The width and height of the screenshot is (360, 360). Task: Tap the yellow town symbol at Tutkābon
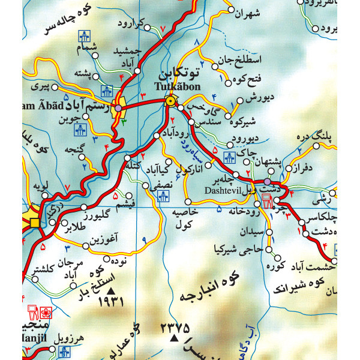click(171, 101)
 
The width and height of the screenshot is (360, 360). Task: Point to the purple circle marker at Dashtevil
click(267, 181)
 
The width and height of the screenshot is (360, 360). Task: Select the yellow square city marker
click(35, 223)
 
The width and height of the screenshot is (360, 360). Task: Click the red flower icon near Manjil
click(46, 313)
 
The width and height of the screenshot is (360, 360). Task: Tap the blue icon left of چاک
click(228, 157)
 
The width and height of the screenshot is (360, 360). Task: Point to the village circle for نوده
click(107, 260)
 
